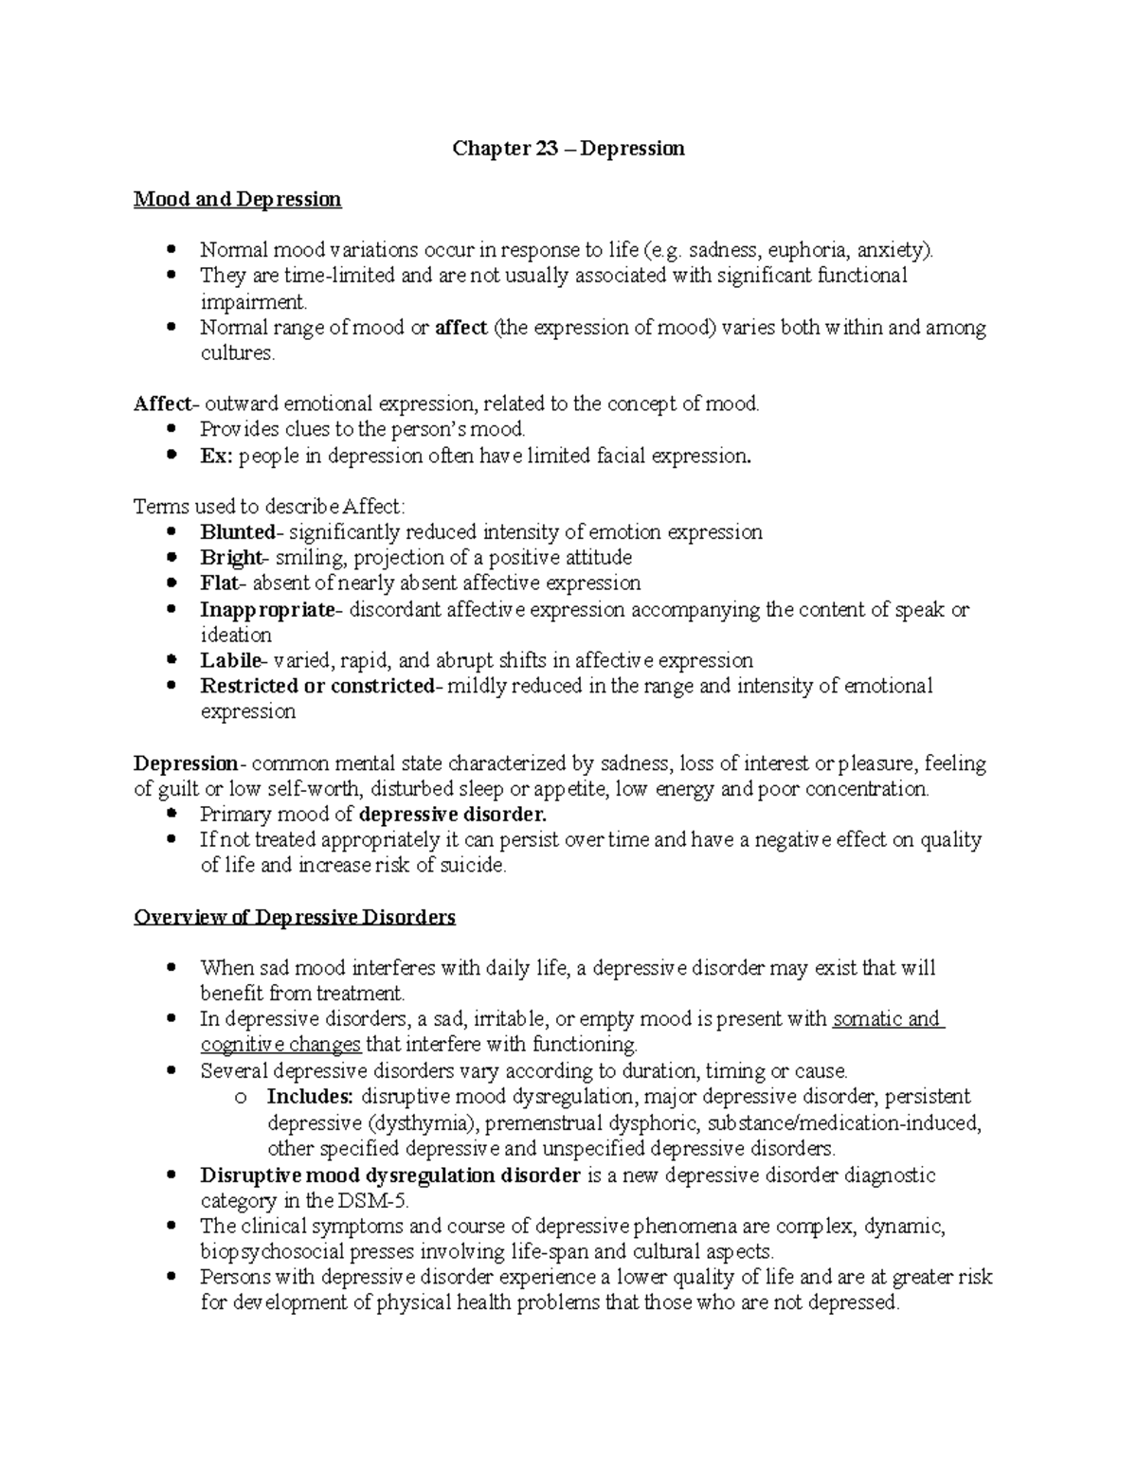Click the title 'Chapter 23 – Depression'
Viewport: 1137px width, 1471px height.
click(568, 149)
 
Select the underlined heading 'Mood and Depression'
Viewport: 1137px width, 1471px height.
click(237, 200)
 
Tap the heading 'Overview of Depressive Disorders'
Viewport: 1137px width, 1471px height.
click(295, 917)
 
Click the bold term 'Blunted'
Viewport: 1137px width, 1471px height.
click(236, 532)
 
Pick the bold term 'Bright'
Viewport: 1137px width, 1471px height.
click(230, 558)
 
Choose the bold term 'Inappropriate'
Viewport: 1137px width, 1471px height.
click(267, 610)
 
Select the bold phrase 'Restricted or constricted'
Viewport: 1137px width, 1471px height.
click(316, 687)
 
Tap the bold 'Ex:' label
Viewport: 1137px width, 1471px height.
click(215, 456)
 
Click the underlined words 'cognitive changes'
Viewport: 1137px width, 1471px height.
click(280, 1045)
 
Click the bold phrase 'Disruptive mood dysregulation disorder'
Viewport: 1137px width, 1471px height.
click(389, 1175)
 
